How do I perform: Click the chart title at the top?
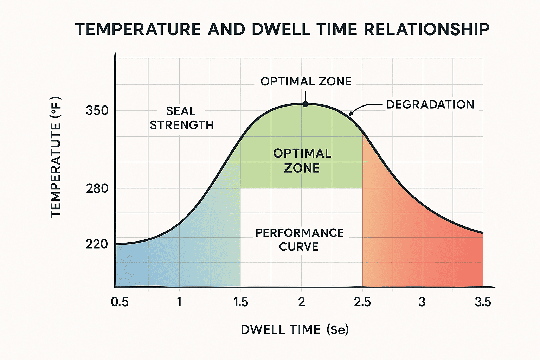pos(282,29)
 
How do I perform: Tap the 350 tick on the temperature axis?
pos(97,111)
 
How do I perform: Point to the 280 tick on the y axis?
pos(97,189)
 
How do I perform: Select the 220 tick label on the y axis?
pos(97,244)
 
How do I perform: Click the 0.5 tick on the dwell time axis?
pos(120,302)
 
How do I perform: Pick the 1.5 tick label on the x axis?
pos(241,302)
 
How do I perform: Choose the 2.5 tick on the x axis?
pos(362,302)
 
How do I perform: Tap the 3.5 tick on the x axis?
pos(483,302)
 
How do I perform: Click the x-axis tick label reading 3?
pos(422,302)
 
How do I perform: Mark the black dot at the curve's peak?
pos(306,104)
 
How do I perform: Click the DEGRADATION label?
pos(430,104)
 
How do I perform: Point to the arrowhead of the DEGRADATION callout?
pos(350,114)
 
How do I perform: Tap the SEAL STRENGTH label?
pos(181,118)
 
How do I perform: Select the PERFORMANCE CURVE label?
pos(299,239)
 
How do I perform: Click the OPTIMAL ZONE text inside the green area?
pos(302,161)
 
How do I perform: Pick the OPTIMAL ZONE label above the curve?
pos(306,82)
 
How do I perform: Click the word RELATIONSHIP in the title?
pos(426,29)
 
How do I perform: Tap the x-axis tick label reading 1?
pos(179,302)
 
